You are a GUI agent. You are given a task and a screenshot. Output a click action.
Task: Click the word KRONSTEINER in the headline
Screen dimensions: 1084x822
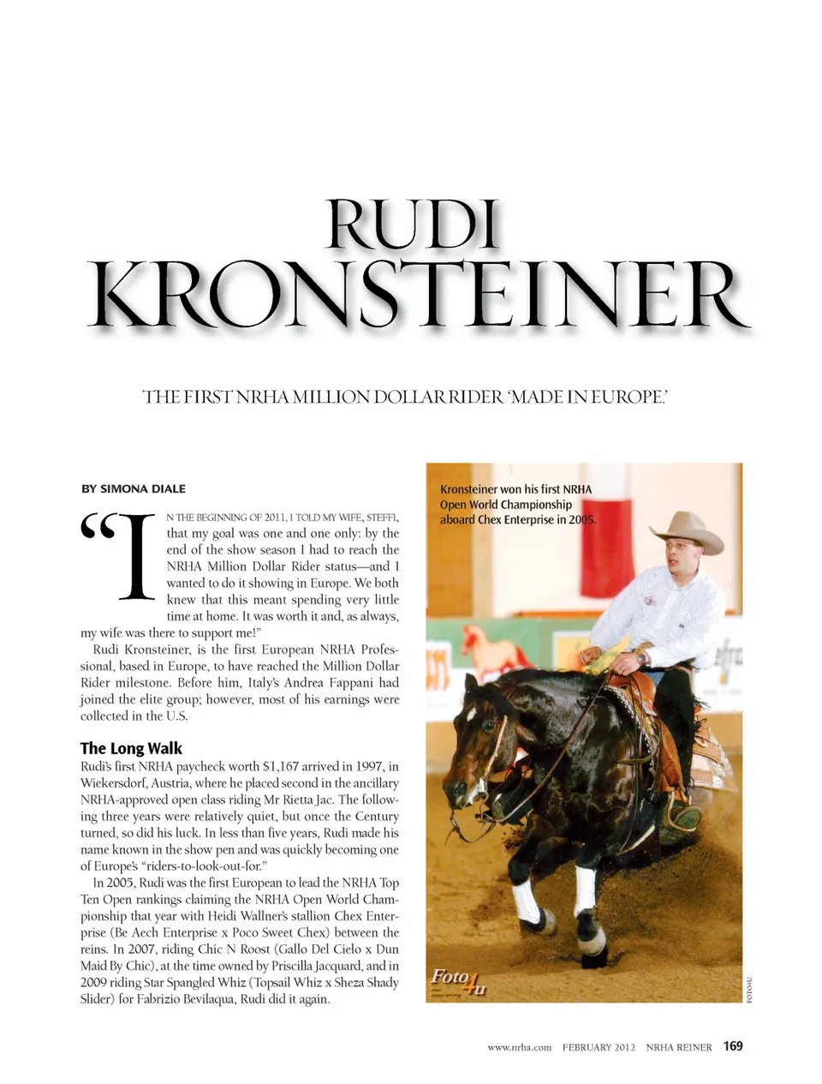419,296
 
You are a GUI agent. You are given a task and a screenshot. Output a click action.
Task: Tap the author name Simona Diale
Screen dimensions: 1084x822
133,488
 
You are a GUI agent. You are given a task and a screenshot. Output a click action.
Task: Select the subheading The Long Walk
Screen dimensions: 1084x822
131,748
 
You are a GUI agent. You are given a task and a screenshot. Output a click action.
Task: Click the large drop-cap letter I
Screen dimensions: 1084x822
135,558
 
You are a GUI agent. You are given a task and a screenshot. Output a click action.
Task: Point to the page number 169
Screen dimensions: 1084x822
733,1045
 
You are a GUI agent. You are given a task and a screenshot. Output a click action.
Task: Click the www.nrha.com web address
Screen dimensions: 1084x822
519,1047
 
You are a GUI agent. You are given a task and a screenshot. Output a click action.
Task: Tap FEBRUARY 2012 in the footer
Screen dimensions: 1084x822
599,1047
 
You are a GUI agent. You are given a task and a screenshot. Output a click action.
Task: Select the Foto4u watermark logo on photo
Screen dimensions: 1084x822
458,980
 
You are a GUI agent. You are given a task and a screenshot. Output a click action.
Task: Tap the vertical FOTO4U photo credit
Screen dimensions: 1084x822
749,991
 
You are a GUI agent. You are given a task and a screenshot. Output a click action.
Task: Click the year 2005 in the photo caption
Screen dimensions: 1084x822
582,519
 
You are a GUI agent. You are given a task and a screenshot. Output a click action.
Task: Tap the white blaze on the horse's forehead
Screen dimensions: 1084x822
470,712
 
